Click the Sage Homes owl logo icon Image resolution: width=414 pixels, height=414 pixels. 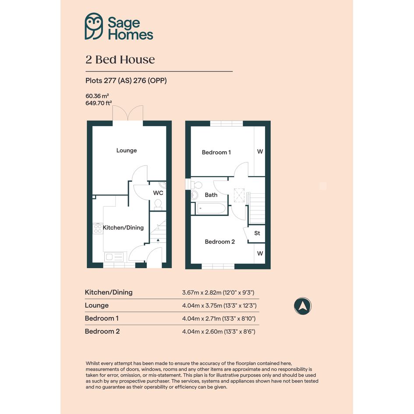pos(94,26)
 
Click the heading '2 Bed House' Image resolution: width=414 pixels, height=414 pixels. pos(120,60)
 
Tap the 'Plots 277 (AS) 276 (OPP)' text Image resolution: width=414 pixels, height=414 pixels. pos(126,81)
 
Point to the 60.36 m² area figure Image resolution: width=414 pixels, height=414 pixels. pos(97,96)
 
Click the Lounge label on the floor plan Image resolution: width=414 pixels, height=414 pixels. pos(127,151)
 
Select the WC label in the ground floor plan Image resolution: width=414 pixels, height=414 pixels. pos(158,193)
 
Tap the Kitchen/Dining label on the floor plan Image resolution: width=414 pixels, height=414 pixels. pos(123,228)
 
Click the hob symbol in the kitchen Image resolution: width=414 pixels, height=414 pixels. pos(98,229)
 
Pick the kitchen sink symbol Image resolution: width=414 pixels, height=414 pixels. pos(114,257)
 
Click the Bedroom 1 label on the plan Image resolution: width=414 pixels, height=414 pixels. pos(216,152)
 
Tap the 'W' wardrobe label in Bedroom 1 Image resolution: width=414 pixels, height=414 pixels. pos(260,152)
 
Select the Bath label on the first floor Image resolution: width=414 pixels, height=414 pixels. pos(211,195)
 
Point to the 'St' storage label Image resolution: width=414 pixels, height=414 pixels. pos(257,233)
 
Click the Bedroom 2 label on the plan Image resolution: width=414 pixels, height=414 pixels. pos(219,241)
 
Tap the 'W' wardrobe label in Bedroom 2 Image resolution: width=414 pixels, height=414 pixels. pos(260,254)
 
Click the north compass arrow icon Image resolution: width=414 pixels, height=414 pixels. pos(303,306)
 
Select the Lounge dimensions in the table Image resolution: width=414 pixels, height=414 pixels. pos(219,305)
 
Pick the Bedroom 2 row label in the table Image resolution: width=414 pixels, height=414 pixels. pos(102,331)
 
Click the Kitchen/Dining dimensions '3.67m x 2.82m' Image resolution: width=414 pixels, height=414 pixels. pos(202,293)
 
